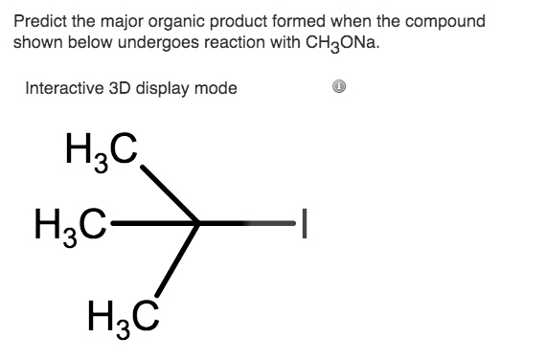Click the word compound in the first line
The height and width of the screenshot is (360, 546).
[x=447, y=21]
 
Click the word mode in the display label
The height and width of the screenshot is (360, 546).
[x=217, y=89]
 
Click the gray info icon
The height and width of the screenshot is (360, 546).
[x=338, y=88]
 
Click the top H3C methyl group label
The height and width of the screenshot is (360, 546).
[x=101, y=151]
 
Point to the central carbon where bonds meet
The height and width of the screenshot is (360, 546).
[x=197, y=225]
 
